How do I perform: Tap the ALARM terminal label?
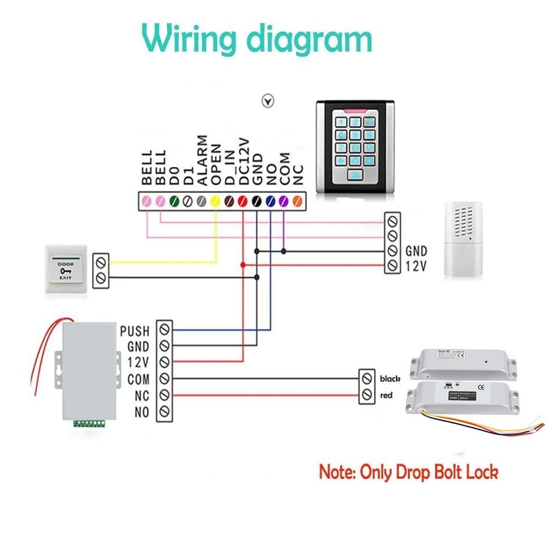coord(201,159)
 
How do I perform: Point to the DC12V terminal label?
coord(243,159)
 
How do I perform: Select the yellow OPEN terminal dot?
coord(215,201)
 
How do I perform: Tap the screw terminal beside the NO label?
coord(164,412)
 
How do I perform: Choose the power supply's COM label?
coord(136,379)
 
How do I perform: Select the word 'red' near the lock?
coord(386,395)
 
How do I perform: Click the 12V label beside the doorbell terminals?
coord(414,265)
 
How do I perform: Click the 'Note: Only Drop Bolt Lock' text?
coord(409,472)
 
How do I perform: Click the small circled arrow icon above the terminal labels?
coord(266,100)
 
